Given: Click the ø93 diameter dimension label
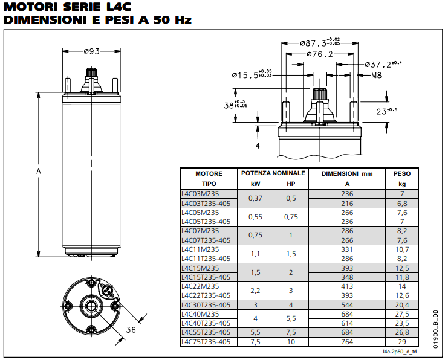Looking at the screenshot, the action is pos(92,51).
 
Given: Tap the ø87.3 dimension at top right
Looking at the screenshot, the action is pos(320,43).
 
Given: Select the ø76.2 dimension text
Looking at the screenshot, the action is pos(320,54).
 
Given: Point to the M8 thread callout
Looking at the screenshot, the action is pos(376,76).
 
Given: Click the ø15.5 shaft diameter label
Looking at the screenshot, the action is pos(252,74).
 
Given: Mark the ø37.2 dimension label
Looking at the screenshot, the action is pos(383,65).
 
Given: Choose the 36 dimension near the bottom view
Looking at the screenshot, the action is pos(131,330).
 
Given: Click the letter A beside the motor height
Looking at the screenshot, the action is pos(39,171).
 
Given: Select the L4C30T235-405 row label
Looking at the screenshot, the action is pos(206,305).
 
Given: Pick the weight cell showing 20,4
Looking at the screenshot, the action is pos(402,305).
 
